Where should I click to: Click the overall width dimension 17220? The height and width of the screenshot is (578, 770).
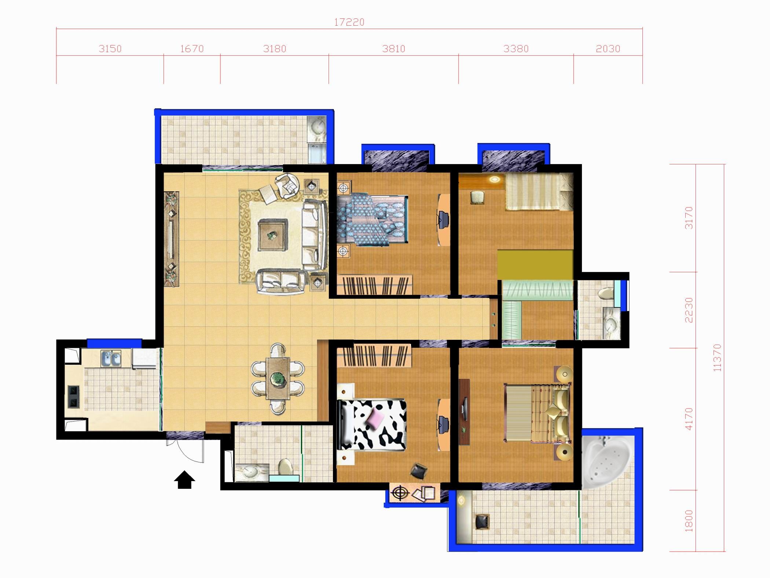[349, 22]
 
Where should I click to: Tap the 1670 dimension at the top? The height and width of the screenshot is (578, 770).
[192, 49]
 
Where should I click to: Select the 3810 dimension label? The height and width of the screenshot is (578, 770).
[393, 49]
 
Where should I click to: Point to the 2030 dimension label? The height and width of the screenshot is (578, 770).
[608, 49]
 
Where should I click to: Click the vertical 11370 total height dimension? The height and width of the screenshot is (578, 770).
[718, 358]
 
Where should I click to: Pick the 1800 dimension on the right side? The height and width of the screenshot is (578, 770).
[689, 520]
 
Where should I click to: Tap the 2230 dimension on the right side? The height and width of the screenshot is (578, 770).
[689, 310]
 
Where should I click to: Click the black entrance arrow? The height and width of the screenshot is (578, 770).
[184, 480]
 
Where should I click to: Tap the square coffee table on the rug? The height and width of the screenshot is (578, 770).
[272, 235]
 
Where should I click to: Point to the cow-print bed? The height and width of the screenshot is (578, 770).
[372, 425]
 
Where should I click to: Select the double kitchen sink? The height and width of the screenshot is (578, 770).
[111, 359]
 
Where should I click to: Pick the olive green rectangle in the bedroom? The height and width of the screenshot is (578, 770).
[535, 265]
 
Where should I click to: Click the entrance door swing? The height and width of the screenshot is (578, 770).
[190, 451]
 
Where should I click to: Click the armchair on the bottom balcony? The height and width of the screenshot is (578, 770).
[482, 521]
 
